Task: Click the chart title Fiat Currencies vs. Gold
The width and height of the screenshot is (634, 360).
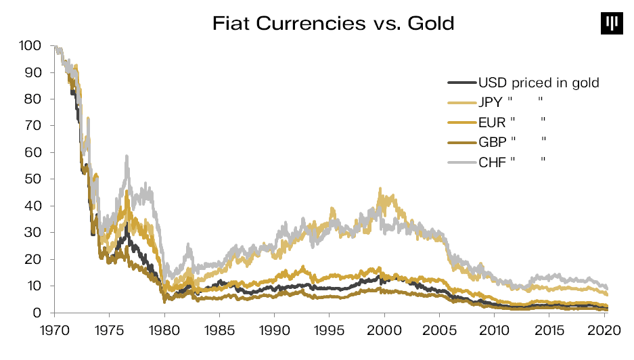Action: click(x=333, y=24)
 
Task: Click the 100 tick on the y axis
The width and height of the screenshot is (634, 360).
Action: click(x=31, y=46)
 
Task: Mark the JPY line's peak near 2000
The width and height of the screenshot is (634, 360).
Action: click(x=380, y=189)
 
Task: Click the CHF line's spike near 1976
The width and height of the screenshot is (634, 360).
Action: click(x=126, y=156)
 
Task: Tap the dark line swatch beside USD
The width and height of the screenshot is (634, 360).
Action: click(x=461, y=83)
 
